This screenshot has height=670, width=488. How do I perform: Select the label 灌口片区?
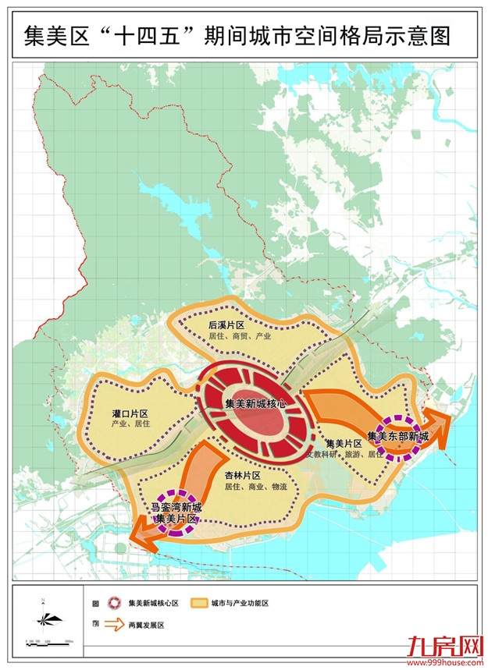click(130, 413)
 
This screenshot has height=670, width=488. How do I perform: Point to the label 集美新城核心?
click(255, 404)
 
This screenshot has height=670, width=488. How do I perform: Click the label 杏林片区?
click(241, 474)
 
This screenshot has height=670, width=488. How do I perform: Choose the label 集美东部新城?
click(398, 436)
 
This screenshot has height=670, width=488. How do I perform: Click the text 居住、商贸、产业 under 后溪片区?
click(240, 337)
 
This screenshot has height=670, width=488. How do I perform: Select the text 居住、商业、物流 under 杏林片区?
click(255, 486)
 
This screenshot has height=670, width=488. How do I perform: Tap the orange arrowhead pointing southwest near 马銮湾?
click(142, 536)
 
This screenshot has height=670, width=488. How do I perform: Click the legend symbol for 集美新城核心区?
click(114, 603)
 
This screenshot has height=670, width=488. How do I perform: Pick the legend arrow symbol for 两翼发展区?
click(114, 625)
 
